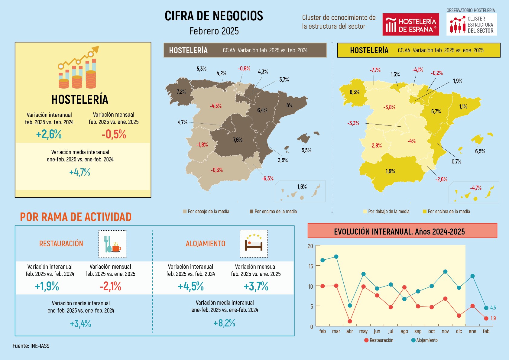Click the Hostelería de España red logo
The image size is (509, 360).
point(410,24)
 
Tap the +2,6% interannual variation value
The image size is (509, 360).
point(49,134)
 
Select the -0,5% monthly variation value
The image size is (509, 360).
point(114,134)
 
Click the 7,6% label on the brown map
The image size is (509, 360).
point(238,140)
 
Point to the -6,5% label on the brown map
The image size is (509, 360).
point(267,179)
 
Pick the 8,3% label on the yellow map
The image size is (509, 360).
point(355,92)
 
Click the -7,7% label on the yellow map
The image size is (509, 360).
point(375,70)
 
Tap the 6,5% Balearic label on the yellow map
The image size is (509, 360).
point(480,151)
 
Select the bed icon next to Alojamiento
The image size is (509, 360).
point(254,244)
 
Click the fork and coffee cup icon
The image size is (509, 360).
point(112,244)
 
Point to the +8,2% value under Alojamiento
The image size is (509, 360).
point(224,323)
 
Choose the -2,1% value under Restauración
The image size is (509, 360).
point(110,286)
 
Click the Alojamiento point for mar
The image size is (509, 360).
point(336,257)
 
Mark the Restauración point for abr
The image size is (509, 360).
point(350,321)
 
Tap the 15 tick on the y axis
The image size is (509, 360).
point(311,266)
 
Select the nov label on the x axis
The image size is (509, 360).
point(445,331)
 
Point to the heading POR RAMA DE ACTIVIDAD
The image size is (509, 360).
point(76,217)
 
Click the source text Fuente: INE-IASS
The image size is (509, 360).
point(31,346)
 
